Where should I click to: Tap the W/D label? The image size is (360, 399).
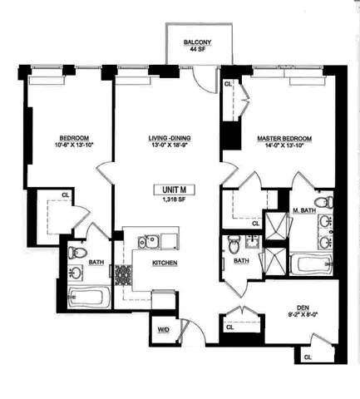pos(163,329)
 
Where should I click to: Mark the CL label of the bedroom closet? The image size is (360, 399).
pos(66,195)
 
